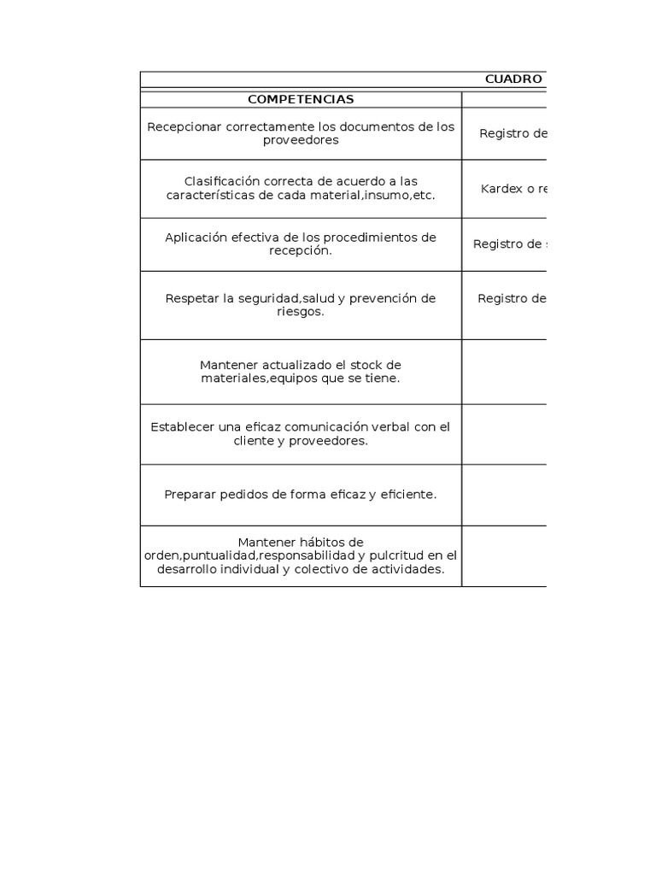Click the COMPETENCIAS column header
[301, 99]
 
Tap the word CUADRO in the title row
[513, 79]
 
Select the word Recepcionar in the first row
[183, 126]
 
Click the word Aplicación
[197, 237]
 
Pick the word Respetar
[192, 298]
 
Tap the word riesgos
[301, 312]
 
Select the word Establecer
[182, 426]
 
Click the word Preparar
[192, 494]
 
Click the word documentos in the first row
[378, 126]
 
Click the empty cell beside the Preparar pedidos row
[504, 495]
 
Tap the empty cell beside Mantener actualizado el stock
[504, 372]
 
